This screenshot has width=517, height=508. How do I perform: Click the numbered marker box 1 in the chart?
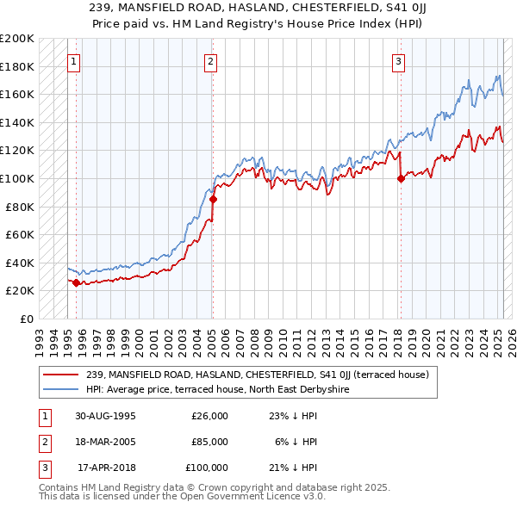[75, 61]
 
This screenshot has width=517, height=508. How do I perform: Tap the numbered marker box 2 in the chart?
[211, 61]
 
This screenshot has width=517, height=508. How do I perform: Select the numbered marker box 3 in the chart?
[399, 61]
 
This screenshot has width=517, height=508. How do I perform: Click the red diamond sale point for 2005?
[213, 200]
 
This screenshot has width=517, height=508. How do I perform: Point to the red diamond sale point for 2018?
[401, 179]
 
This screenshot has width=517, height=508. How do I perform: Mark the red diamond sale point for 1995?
[76, 282]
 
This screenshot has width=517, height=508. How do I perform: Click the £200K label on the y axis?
[17, 39]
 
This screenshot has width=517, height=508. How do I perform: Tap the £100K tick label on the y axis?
[17, 178]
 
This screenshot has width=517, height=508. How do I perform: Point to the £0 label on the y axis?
[26, 319]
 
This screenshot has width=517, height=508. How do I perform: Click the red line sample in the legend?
[61, 374]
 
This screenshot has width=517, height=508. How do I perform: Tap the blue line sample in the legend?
[61, 388]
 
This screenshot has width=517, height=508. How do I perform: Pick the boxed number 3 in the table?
[43, 468]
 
